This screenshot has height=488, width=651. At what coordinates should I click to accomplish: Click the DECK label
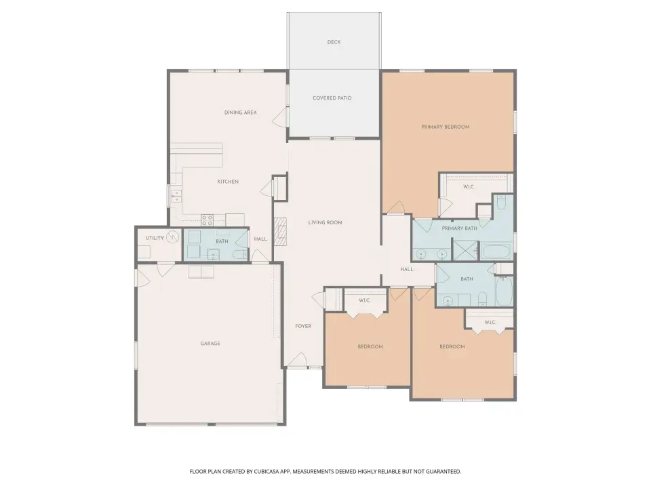click(334, 42)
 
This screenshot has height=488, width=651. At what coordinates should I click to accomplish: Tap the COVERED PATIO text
click(332, 98)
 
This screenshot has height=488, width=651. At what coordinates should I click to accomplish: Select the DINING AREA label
click(240, 113)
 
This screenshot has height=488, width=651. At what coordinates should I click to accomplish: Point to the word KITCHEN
click(228, 182)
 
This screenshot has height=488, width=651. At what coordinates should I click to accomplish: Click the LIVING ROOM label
click(325, 222)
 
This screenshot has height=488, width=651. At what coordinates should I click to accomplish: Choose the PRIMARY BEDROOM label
click(446, 127)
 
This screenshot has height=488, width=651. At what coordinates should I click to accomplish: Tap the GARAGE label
click(210, 344)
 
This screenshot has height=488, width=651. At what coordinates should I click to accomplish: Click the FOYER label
click(303, 326)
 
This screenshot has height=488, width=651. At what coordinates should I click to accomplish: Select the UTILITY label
click(155, 238)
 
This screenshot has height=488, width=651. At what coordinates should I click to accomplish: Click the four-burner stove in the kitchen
click(208, 220)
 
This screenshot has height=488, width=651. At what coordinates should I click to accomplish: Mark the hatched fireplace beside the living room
click(281, 232)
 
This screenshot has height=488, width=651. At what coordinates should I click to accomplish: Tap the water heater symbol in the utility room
click(173, 237)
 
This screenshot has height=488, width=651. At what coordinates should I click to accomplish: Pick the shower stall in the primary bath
click(465, 250)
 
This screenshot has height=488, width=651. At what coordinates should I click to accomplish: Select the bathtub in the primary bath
click(495, 252)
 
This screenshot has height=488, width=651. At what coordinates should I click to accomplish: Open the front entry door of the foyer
click(298, 360)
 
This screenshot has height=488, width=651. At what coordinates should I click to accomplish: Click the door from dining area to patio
click(280, 117)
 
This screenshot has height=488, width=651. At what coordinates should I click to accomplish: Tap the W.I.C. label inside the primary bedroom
click(469, 187)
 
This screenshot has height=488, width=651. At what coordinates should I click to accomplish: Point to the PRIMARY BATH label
click(459, 228)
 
